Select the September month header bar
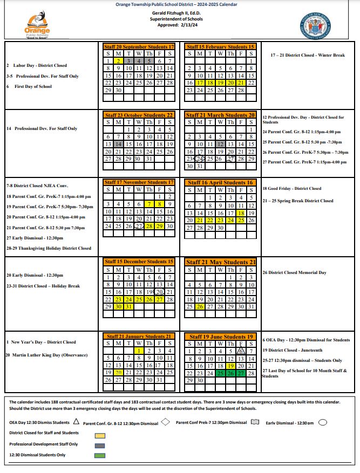(139, 47)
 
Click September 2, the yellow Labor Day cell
(118, 61)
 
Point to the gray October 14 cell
(118, 145)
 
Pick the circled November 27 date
(139, 226)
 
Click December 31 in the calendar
(128, 306)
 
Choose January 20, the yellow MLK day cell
(118, 372)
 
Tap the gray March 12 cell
(220, 145)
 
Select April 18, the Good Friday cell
(241, 213)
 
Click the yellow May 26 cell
(200, 306)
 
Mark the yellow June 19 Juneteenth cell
(230, 366)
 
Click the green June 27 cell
(241, 373)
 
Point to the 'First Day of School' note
(33, 86)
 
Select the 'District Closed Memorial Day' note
(294, 273)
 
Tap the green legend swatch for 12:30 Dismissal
(100, 456)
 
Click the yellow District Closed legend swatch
(100, 434)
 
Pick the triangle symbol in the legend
(76, 422)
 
